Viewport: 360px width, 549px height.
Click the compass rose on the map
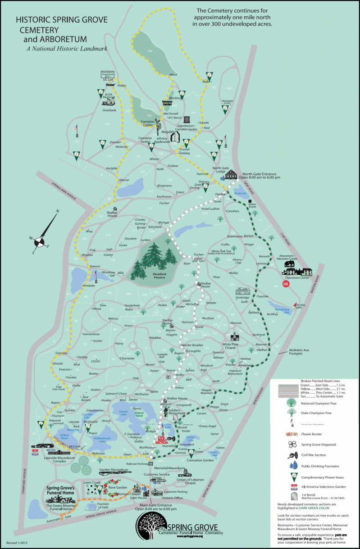tap(42, 237)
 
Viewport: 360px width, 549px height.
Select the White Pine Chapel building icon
tap(235, 337)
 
